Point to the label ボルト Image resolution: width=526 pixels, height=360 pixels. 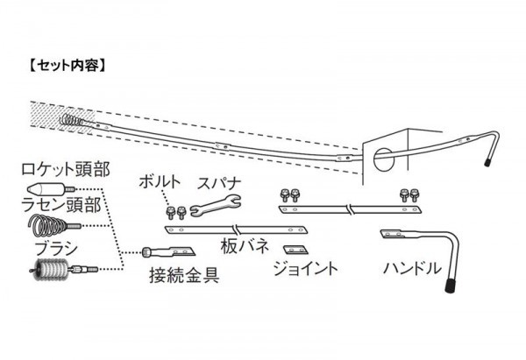click(x=163, y=183)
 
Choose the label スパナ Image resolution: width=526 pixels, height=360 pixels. click(x=219, y=183)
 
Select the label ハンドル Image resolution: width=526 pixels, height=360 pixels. click(x=412, y=268)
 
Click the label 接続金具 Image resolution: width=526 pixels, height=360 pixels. click(x=182, y=278)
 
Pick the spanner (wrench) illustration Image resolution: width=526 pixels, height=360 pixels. click(x=213, y=207)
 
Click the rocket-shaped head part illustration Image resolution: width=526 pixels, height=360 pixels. click(x=44, y=187)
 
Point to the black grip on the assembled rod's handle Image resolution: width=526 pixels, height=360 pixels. click(x=487, y=163)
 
